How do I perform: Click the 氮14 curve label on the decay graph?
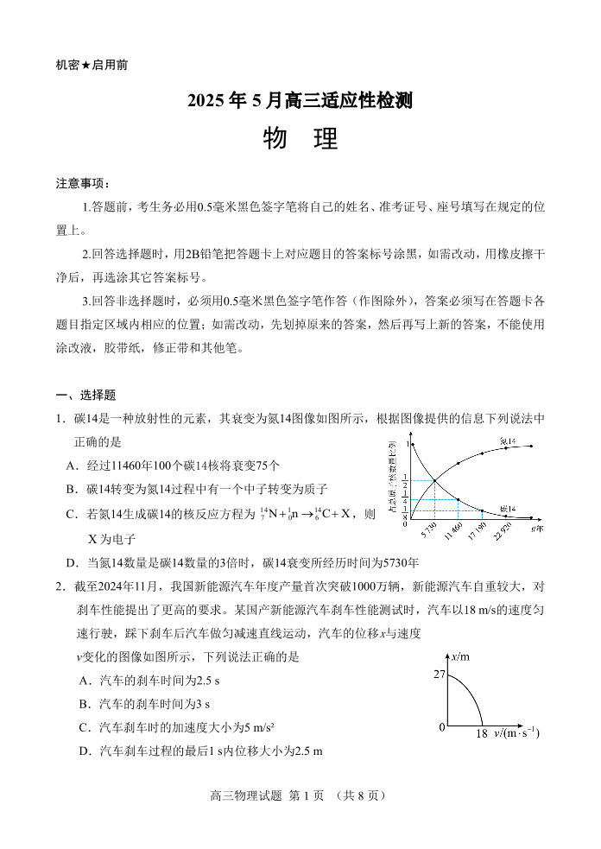point(508,441)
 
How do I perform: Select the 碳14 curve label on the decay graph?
point(507,510)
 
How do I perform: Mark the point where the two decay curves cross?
point(433,481)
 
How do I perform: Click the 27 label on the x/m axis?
point(439,674)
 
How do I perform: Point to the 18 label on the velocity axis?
point(482,734)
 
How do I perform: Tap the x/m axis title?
point(460,657)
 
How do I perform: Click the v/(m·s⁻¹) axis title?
point(517,734)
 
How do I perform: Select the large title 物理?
point(300,139)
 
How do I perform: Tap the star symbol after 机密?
point(86,65)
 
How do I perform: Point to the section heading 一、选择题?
point(85,395)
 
